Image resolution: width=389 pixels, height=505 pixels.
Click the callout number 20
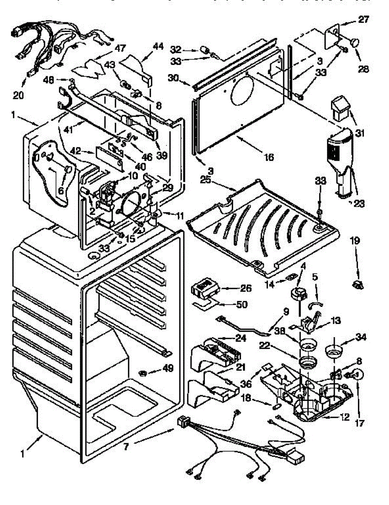pyautogui.click(x=18, y=95)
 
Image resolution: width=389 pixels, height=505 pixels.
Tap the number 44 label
pyautogui.click(x=146, y=47)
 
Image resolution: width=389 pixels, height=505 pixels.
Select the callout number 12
pyautogui.click(x=344, y=417)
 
